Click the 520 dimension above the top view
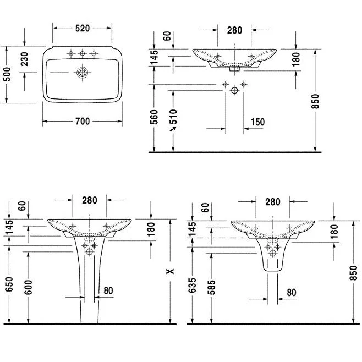83,28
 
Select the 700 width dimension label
83,121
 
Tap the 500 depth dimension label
8,74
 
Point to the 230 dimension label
24,59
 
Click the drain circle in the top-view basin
82,73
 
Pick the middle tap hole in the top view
82,54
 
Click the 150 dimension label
257,122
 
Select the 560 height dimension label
154,117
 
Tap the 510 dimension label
173,117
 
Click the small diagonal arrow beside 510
173,129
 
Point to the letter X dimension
171,271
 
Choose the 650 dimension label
9,284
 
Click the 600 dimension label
29,287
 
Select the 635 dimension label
192,286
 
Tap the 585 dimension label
211,287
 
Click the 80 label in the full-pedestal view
108,290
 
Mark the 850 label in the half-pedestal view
353,273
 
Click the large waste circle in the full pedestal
89,251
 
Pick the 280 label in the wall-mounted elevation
234,30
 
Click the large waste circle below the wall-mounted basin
234,90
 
